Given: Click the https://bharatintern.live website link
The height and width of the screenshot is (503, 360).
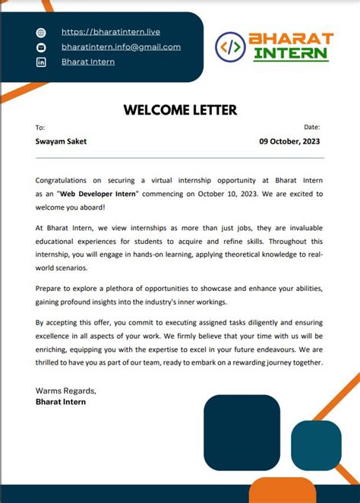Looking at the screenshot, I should [110, 32].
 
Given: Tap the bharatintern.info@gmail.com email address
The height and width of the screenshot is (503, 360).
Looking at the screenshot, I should [121, 46].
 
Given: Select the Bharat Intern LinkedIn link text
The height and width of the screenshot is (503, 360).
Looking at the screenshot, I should [88, 62].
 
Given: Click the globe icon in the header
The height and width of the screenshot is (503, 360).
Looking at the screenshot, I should [41, 33].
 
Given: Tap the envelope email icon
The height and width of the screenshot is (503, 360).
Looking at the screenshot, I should [41, 47].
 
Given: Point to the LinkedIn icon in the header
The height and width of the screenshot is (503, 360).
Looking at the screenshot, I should [41, 62].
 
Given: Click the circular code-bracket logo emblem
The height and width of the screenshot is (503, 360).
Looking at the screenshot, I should [230, 46].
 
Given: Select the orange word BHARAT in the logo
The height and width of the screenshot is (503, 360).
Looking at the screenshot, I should [292, 39].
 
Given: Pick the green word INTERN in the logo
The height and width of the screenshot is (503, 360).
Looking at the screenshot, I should [292, 54].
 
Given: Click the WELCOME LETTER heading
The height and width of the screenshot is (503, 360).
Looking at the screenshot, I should [180, 110].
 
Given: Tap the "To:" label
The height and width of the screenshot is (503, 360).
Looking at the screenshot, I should [40, 128].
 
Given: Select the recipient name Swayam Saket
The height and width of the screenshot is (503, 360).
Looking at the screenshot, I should [61, 141].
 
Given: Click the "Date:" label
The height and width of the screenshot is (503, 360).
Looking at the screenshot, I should [311, 127].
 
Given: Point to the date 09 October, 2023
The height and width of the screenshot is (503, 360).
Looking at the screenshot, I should [289, 141].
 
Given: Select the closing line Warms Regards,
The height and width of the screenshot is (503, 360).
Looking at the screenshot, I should [65, 391].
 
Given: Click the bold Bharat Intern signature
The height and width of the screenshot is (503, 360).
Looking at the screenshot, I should [61, 401].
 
